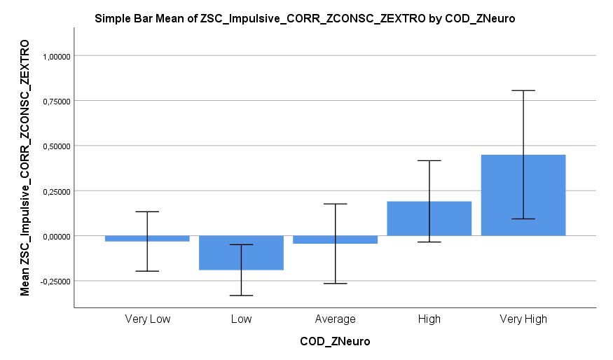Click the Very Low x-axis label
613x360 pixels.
click(147, 319)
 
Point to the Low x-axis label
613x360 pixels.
click(241, 319)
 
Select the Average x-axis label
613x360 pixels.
click(335, 319)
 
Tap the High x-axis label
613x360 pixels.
click(429, 319)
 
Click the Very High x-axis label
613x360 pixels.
click(523, 319)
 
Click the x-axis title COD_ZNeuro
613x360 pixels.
click(335, 342)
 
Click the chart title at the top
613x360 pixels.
click(305, 19)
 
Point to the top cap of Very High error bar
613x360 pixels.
click(523, 90)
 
